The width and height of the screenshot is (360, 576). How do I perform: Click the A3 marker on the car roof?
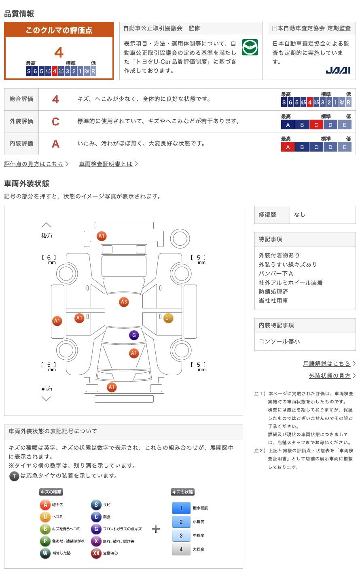pyautogui.click(x=124, y=302)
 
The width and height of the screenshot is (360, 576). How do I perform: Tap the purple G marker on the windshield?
pyautogui.click(x=134, y=335)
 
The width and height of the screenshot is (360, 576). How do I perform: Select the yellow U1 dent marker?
pyautogui.click(x=168, y=318)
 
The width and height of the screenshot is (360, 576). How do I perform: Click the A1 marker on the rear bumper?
pyautogui.click(x=102, y=236)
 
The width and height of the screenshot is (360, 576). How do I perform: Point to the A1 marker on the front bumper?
pyautogui.click(x=112, y=387)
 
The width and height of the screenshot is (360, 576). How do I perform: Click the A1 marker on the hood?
pyautogui.click(x=134, y=353)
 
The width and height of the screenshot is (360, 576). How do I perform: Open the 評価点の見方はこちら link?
pyautogui.click(x=34, y=164)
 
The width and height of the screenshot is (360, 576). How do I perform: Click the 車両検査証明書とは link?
pyautogui.click(x=106, y=164)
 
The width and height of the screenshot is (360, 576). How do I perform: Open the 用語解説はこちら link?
pyautogui.click(x=327, y=363)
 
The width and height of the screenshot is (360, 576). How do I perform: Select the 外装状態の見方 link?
pyautogui.click(x=330, y=376)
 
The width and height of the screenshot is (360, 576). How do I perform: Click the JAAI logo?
pyautogui.click(x=338, y=71)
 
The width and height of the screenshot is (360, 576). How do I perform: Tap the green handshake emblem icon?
pyautogui.click(x=250, y=48)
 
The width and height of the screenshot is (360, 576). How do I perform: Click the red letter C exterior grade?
pyautogui.click(x=56, y=121)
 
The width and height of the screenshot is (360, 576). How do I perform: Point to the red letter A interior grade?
pyautogui.click(x=56, y=143)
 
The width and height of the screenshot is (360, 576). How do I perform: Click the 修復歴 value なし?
pyautogui.click(x=300, y=215)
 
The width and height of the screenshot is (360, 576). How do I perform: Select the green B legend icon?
pyautogui.click(x=45, y=529)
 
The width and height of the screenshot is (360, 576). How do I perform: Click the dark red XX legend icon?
pyautogui.click(x=96, y=553)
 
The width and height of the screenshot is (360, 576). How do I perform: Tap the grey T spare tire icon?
pyautogui.click(x=14, y=476)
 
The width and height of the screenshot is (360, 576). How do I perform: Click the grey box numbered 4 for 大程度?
pyautogui.click(x=181, y=549)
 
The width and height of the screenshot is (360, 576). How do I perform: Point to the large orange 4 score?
pyautogui.click(x=59, y=53)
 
